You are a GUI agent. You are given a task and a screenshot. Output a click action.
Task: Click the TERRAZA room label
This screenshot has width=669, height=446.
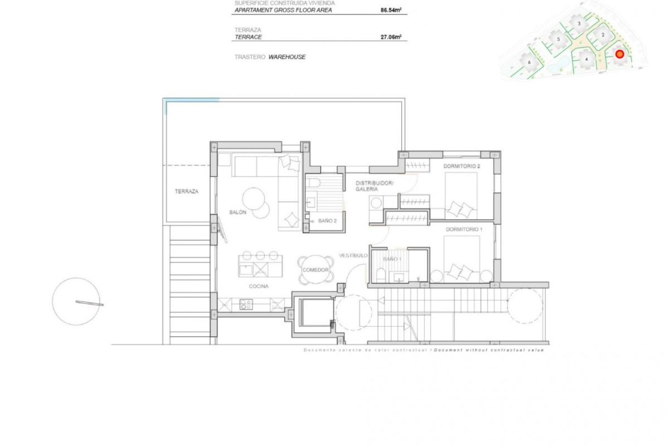(x=186, y=191)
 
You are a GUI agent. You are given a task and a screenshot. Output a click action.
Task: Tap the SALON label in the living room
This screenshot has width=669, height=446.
(x=238, y=212)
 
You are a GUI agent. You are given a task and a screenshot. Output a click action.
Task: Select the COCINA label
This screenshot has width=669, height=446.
(x=259, y=286)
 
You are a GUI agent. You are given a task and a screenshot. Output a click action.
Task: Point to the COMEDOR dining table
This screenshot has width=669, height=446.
(x=316, y=269)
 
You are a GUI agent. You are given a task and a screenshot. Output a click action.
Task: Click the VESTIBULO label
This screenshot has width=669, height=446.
(x=353, y=255)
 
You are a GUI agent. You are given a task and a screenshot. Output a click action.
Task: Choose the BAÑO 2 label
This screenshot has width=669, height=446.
(x=328, y=221)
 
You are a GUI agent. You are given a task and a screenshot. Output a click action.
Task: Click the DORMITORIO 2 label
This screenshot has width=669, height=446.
(x=462, y=166)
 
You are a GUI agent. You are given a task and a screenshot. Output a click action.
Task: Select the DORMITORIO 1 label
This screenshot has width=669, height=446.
(x=462, y=229)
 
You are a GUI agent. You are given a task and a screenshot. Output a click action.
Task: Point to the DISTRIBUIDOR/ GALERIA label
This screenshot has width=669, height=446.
(x=375, y=186)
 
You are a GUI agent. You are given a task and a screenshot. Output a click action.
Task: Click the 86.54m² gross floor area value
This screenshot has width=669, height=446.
(x=391, y=9)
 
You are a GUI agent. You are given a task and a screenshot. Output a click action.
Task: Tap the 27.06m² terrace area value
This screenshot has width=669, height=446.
(x=391, y=37)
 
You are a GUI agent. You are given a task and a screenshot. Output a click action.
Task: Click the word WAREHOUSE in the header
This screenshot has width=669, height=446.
(x=287, y=57)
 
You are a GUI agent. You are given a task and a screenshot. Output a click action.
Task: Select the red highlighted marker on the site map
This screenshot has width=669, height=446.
(x=619, y=54)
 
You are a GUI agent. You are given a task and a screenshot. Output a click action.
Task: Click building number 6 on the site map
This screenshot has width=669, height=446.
(x=529, y=62)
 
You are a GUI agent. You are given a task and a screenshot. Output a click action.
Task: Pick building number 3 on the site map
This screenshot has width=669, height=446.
(x=579, y=23)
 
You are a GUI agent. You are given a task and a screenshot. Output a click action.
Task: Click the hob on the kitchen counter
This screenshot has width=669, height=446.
(x=246, y=304)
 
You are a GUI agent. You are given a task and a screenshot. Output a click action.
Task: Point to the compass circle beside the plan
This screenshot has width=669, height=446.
(x=76, y=302)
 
